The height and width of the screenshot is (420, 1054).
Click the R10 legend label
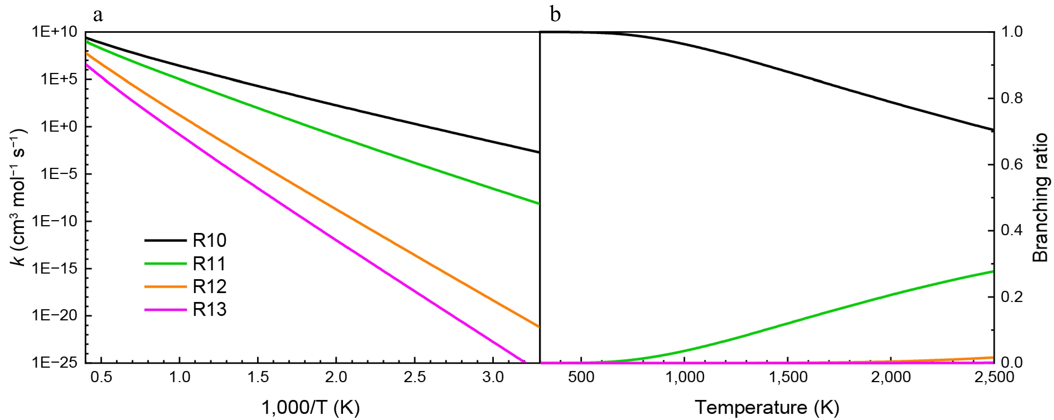[x=209, y=240]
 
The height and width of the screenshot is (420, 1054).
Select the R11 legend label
[x=209, y=264]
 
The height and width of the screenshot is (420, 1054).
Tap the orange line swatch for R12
[x=165, y=286]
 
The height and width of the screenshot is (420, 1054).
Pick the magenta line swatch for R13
[x=165, y=310]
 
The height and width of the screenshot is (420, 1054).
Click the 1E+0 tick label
[x=59, y=126]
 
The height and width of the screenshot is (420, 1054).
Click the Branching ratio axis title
[x=1040, y=197]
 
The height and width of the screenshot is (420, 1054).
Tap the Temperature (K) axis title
[x=767, y=407]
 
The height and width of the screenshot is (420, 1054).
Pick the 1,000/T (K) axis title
[x=311, y=407]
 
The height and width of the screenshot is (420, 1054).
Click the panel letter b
[x=555, y=15]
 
